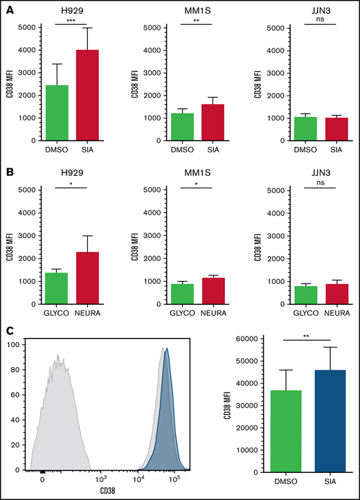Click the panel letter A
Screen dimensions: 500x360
[x=7, y=8]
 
